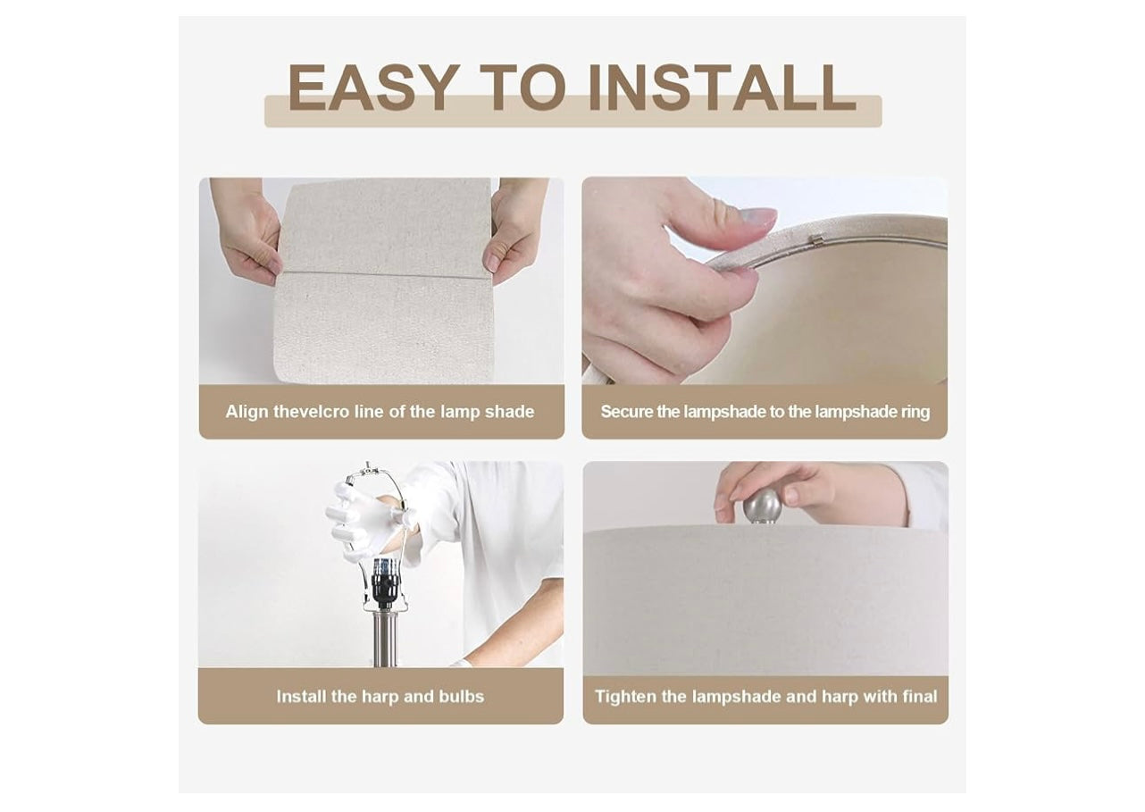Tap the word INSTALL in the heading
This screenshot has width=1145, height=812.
coord(722,88)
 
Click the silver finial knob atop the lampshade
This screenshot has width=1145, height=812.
coord(762,506)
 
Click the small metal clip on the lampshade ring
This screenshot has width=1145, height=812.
coord(818,239)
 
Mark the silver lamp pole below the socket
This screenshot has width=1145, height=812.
coord(384,640)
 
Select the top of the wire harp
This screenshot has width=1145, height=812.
coord(369,468)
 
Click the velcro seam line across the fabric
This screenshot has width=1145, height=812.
coord(382,275)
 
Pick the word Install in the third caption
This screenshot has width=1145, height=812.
coord(301,697)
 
